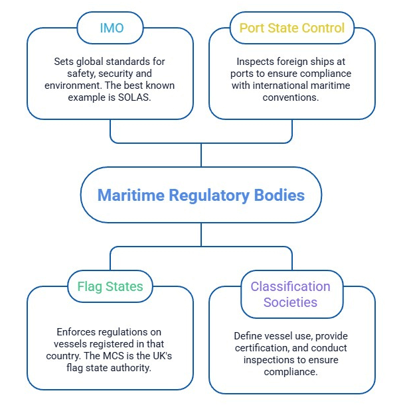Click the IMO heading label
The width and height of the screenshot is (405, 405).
pyautogui.click(x=112, y=28)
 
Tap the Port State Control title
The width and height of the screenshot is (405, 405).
pyautogui.click(x=292, y=28)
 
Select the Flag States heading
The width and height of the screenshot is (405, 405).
pyautogui.click(x=110, y=286)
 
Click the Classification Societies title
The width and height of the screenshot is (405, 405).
pyautogui.click(x=290, y=294)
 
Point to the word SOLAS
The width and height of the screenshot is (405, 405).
pyautogui.click(x=134, y=97)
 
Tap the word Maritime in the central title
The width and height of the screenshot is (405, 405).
pyautogui.click(x=131, y=195)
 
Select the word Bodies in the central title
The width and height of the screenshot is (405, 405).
pyautogui.click(x=280, y=195)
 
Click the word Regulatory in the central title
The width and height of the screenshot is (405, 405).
pyautogui.click(x=209, y=196)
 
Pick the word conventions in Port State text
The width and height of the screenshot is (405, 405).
pyautogui.click(x=291, y=97)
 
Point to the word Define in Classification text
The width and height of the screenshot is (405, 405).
pyautogui.click(x=246, y=336)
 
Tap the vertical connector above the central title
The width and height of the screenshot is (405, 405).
pyautogui.click(x=201, y=155)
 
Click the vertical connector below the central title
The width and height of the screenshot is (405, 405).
pyautogui.click(x=201, y=235)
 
